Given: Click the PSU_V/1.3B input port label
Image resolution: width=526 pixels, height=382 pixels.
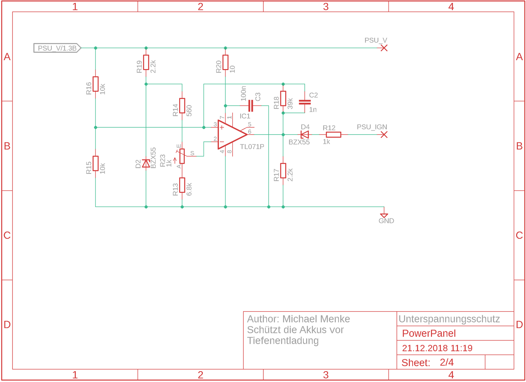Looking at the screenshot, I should [57, 48].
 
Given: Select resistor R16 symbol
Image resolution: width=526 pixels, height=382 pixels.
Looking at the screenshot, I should [95, 84].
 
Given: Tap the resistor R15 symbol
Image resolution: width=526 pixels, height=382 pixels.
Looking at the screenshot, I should [95, 164].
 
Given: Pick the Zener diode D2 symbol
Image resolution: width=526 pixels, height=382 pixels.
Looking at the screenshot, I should [146, 164].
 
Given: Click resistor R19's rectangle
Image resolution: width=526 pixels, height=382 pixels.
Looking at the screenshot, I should [146, 63].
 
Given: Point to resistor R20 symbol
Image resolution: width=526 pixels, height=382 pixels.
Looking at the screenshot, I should [225, 62].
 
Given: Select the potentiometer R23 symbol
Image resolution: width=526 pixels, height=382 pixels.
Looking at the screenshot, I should [182, 156].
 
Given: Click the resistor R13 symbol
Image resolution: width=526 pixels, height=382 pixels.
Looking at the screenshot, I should [182, 185].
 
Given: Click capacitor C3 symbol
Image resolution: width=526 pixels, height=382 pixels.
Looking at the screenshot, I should [251, 106].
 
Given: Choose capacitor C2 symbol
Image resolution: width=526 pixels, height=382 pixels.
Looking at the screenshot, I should [305, 102].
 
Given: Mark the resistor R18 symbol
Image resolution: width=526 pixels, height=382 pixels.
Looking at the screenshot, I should [283, 98].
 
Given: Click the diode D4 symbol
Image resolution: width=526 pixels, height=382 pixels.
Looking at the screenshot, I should [305, 135].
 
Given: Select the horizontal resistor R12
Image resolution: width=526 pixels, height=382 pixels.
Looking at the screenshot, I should [333, 135].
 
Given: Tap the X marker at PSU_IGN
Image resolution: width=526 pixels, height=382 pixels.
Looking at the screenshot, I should [384, 135].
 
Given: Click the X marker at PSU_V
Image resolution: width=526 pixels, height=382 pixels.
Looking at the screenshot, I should [384, 48].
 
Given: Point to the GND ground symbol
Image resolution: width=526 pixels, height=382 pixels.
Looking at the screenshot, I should [384, 216].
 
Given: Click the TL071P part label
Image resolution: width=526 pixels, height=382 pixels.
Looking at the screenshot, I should [252, 147].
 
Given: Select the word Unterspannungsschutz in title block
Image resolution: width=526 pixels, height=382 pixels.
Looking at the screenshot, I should [449, 319].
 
